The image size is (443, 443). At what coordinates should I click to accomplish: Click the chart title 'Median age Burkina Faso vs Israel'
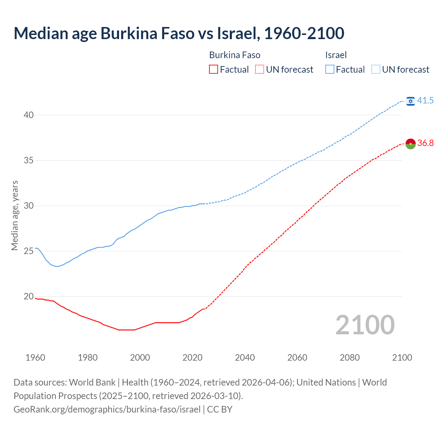[179, 33]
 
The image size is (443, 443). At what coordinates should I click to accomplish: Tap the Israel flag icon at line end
[410, 101]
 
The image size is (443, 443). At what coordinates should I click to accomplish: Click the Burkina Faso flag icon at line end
[410, 144]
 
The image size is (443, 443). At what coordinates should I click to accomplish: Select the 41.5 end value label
[425, 101]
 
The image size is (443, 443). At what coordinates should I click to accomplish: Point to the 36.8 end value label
[425, 143]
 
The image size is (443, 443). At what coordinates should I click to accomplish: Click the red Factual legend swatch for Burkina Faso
[214, 70]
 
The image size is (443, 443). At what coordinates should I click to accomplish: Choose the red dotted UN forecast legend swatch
[260, 70]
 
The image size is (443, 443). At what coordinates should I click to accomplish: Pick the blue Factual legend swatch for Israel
[330, 70]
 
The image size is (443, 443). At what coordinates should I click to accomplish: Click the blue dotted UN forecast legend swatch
[376, 70]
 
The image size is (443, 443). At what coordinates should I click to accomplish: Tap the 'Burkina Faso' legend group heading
[235, 55]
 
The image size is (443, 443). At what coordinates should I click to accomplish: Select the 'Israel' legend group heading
[336, 55]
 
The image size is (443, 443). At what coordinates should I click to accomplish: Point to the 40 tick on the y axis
[28, 115]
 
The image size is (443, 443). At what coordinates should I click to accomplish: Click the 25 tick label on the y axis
[28, 251]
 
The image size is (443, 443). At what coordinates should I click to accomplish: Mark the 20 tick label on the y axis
[28, 297]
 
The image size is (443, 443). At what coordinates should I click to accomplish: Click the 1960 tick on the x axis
[35, 358]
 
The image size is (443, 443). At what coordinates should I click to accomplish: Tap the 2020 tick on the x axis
[192, 358]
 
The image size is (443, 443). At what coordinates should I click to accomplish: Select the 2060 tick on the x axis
[297, 358]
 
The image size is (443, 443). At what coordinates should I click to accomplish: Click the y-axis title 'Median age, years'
[15, 215]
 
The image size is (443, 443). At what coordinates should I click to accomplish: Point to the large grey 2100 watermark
[365, 325]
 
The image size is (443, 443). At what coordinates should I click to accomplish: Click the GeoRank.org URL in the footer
[107, 409]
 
